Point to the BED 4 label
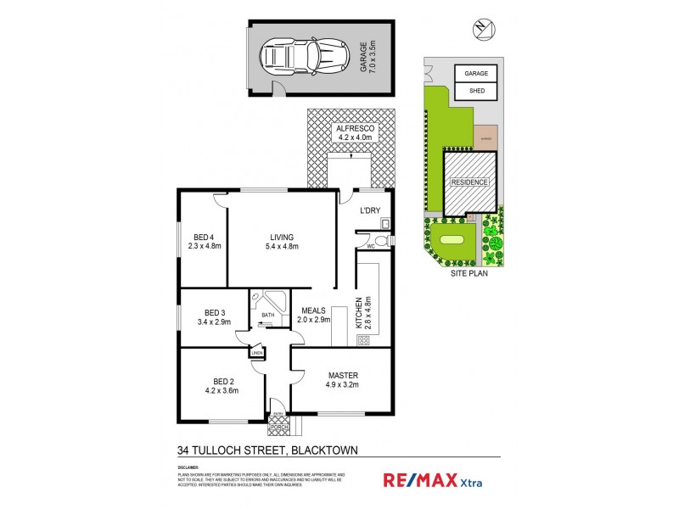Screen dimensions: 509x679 204,242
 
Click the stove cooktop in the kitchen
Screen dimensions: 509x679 362,340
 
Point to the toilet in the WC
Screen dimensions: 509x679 380,243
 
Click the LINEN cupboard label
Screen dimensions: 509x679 256,353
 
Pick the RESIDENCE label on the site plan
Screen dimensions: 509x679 469,182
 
